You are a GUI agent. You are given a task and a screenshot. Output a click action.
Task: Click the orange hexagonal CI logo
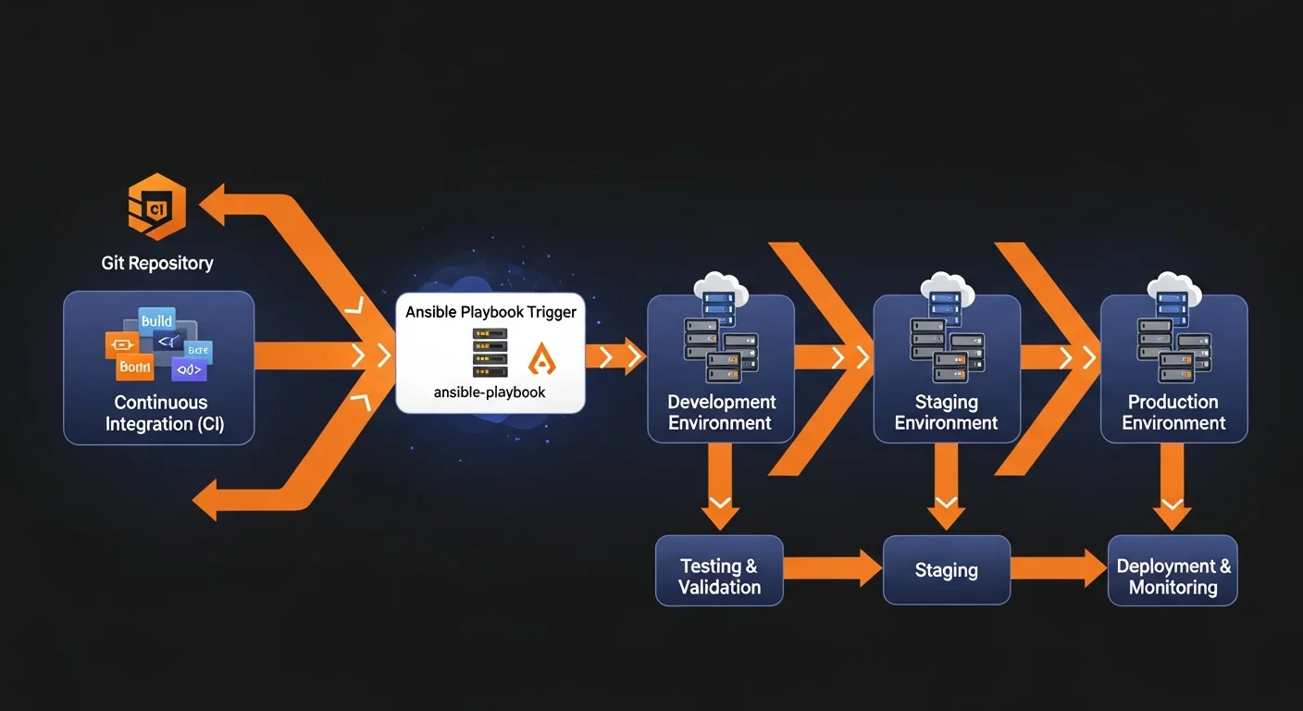[x=156, y=206]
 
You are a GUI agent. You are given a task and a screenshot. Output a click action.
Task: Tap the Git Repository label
[x=157, y=263]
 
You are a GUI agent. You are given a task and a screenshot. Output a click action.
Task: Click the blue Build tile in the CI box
[x=156, y=321]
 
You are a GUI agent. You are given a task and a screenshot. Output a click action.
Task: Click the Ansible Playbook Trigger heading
[x=490, y=312]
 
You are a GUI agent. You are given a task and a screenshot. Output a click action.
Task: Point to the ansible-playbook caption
[x=490, y=393]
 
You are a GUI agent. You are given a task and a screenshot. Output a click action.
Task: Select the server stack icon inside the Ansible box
[x=490, y=353]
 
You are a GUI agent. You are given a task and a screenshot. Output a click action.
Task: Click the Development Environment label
[x=721, y=413]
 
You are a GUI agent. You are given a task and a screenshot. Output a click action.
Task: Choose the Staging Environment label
[x=946, y=413]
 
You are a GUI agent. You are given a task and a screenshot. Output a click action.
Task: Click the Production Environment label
[x=1173, y=413]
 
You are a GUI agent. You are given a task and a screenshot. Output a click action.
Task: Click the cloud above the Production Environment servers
[x=1173, y=282]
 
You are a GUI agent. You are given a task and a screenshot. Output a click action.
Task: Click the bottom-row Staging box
[x=946, y=571]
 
